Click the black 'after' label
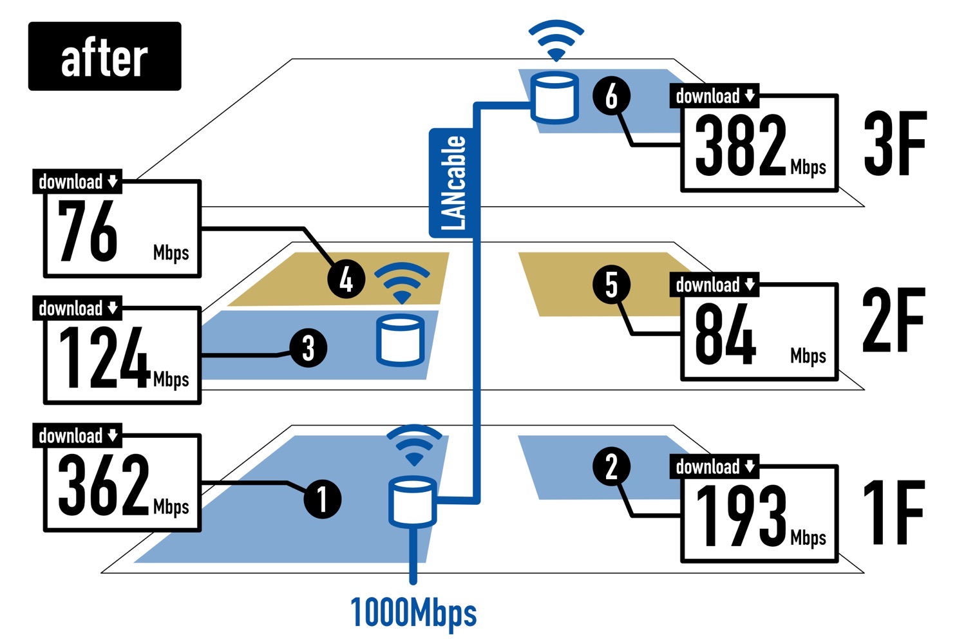(x=104, y=57)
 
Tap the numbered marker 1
(x=322, y=498)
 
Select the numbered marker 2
(x=611, y=466)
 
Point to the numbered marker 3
(x=308, y=348)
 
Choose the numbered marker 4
(x=346, y=279)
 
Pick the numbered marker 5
(x=611, y=285)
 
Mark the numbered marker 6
(x=611, y=95)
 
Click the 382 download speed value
(x=741, y=146)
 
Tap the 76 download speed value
(x=88, y=231)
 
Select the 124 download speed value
(x=103, y=358)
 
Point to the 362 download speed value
(x=103, y=485)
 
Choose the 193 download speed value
(x=741, y=516)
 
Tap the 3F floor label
(x=895, y=144)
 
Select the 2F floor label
(x=893, y=321)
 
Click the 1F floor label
(x=893, y=513)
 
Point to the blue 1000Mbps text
(x=413, y=612)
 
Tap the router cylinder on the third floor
(x=554, y=98)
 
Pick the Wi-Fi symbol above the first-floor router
(x=414, y=445)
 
